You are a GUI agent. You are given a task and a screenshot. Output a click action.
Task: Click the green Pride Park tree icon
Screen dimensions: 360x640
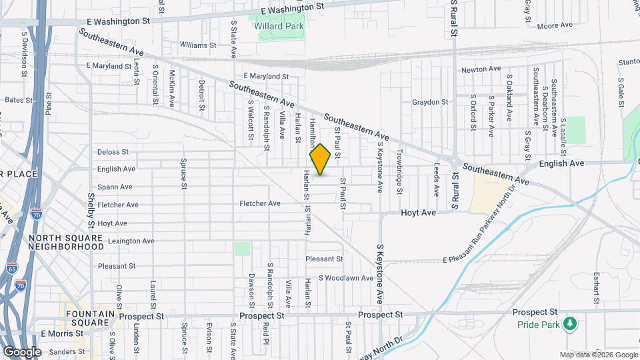pos(569,324)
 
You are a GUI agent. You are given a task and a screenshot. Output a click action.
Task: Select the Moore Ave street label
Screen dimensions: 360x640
pos(555,25)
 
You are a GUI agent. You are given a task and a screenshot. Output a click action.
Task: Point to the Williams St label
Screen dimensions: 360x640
pos(198,45)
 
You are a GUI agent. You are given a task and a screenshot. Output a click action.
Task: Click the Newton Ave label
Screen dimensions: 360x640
pos(481,69)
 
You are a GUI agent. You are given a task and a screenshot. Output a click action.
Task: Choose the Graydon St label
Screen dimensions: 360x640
pos(429,102)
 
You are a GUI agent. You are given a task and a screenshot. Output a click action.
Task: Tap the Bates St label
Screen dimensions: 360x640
pos(19,100)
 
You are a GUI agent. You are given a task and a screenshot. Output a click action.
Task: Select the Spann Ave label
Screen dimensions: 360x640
pos(115,187)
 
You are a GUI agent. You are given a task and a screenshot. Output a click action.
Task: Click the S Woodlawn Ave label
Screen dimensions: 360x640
pos(345,277)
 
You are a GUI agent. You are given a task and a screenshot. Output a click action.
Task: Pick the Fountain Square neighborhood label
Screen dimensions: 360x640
pos(87,317)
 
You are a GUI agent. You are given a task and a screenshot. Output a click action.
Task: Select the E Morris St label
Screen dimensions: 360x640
pos(61,333)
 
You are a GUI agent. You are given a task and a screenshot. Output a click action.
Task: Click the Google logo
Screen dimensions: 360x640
pos(22,351)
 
